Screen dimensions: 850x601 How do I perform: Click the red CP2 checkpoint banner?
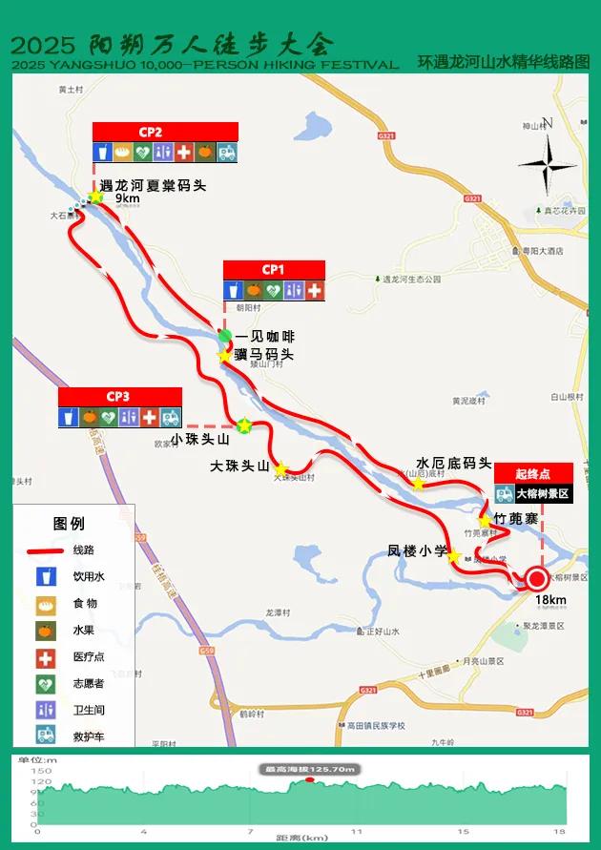[165, 132]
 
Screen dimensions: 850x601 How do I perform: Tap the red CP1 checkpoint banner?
[274, 269]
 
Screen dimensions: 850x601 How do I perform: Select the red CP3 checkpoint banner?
[119, 396]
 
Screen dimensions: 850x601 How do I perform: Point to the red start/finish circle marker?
[536, 579]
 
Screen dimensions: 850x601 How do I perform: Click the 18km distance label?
[550, 599]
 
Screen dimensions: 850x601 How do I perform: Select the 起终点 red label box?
[534, 473]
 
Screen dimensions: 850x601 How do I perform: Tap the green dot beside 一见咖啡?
[224, 336]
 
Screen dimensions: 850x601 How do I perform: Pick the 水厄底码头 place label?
[453, 463]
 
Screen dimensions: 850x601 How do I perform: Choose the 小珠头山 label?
[200, 440]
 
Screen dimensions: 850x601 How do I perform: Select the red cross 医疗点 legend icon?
[44, 657]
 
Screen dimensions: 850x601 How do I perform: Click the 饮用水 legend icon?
[44, 577]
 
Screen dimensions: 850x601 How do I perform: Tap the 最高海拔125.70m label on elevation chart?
[310, 769]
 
